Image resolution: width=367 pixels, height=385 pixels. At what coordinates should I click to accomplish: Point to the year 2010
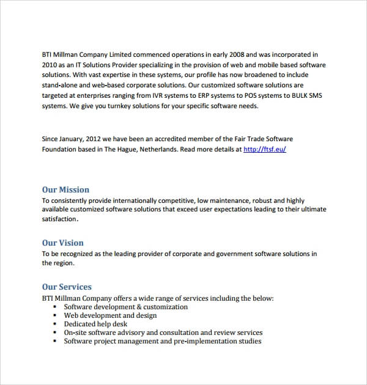tap(50, 65)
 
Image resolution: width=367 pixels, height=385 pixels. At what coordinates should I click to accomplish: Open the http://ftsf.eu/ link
tap(264, 149)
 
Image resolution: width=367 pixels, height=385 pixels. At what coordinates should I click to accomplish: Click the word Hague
tap(138, 149)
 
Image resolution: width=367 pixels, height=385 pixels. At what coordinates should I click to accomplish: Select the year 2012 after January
tap(101, 139)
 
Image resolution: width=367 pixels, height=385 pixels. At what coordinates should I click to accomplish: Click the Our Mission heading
tap(65, 189)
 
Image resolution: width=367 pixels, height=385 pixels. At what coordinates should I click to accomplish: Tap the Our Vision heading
tap(62, 243)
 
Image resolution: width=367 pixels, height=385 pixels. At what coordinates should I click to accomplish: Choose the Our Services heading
tap(67, 287)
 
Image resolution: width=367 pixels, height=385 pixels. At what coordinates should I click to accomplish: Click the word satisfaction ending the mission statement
tap(59, 219)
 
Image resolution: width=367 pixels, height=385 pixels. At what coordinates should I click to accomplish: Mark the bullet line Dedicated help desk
tap(95, 324)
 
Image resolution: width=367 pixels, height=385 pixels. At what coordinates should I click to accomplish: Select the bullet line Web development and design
tap(110, 315)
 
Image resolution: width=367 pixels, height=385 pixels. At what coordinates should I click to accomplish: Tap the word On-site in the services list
tap(76, 332)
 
